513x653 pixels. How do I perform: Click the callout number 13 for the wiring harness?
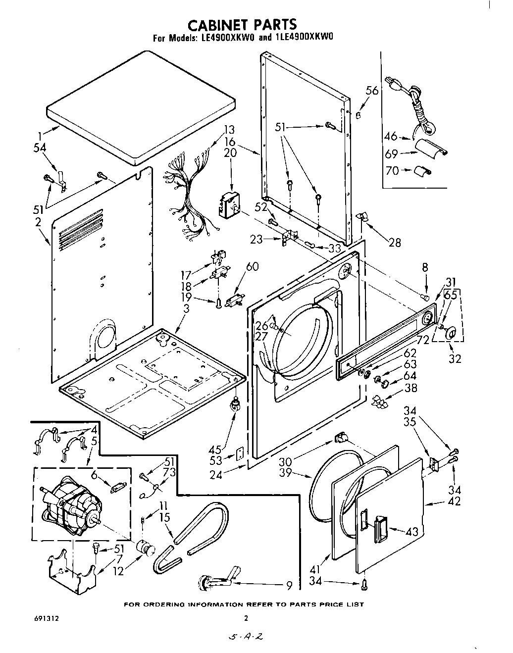tap(229, 130)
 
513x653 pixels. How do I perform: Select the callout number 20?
tap(230, 153)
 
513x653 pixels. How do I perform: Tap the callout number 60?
tap(252, 267)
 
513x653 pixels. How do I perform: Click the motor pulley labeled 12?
tap(145, 548)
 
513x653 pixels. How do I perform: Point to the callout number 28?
tap(395, 243)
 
